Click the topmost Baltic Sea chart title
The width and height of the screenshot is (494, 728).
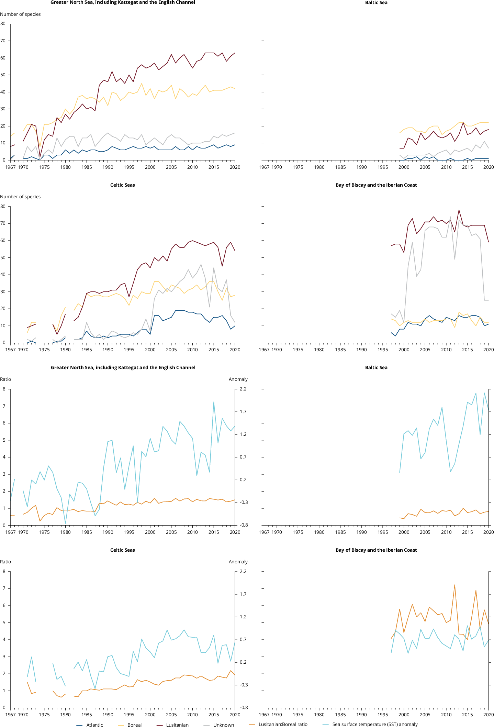(x=376, y=3)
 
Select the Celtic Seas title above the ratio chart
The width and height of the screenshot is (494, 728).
(x=123, y=550)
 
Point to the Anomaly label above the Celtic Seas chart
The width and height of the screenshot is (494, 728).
(x=238, y=562)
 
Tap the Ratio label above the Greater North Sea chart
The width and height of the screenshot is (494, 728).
(x=5, y=379)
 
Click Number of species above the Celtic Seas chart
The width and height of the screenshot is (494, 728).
(x=20, y=197)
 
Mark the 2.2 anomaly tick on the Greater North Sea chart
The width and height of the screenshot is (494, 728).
(x=243, y=389)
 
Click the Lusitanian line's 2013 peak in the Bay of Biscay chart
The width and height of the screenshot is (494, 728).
(x=459, y=210)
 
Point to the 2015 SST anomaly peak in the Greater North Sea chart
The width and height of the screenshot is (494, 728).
(x=214, y=402)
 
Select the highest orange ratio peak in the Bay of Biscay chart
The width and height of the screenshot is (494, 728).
(x=454, y=585)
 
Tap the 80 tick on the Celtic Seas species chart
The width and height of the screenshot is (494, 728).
(x=3, y=206)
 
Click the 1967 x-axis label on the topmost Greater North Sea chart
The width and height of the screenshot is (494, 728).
(x=11, y=167)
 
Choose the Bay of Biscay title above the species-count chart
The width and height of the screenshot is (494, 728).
(x=376, y=185)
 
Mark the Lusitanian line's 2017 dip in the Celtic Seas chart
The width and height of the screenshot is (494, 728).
(x=222, y=266)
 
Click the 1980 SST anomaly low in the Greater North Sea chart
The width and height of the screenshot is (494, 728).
(x=65, y=523)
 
